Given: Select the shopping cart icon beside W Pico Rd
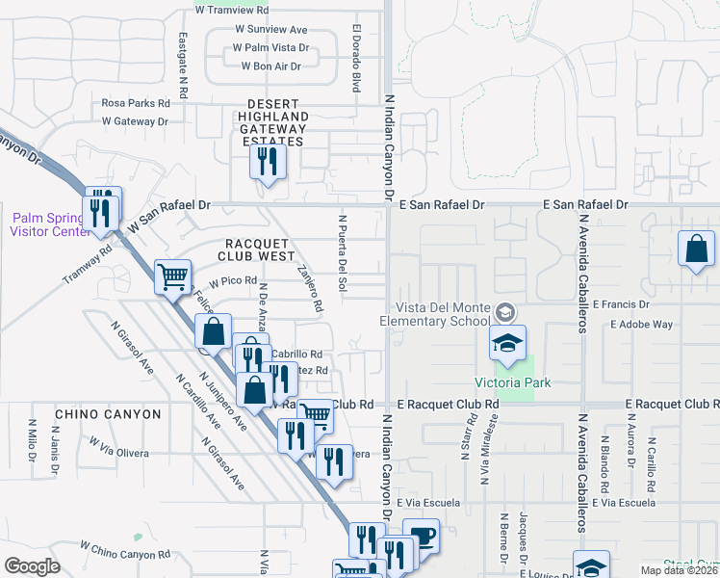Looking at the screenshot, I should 173,276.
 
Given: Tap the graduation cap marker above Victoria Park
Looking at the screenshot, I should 507,342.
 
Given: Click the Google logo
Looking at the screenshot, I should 32,566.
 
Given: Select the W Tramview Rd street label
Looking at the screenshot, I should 237,10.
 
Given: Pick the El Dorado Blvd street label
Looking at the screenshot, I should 355,58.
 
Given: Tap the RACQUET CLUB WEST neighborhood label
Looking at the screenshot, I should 261,250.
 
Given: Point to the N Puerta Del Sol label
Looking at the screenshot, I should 342,252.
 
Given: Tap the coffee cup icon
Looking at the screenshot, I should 420,535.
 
